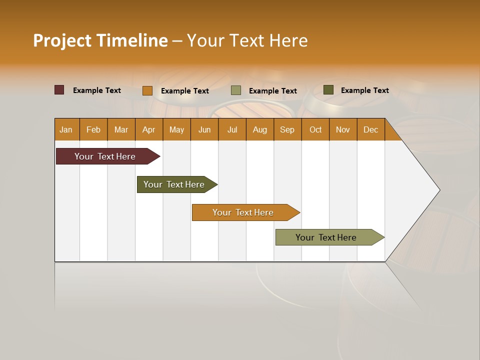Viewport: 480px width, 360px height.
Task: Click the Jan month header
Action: tap(66, 129)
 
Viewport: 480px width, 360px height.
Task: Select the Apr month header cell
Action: tap(149, 129)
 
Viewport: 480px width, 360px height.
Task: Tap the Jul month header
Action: tap(232, 129)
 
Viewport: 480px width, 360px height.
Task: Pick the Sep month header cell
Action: tap(287, 129)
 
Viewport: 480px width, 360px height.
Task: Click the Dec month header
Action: tap(370, 129)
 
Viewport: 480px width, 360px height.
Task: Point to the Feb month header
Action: tap(93, 129)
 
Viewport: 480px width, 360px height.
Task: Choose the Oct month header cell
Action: tap(315, 129)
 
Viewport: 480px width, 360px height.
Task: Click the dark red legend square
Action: tap(59, 90)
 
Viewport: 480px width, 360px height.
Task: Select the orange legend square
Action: tap(147, 90)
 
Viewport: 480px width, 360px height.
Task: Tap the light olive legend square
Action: tap(236, 90)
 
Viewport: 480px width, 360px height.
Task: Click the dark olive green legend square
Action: tap(328, 90)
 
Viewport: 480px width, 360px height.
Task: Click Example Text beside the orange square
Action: tap(185, 91)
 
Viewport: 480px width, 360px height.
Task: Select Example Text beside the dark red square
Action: tap(97, 90)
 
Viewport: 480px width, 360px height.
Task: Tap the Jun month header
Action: tap(204, 129)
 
